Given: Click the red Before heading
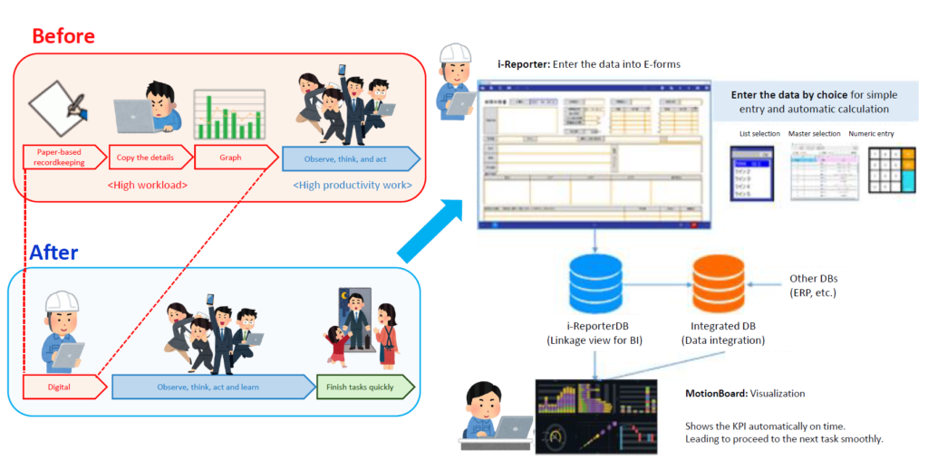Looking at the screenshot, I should coord(63,36).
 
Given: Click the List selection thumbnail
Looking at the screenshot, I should coord(754,173).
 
